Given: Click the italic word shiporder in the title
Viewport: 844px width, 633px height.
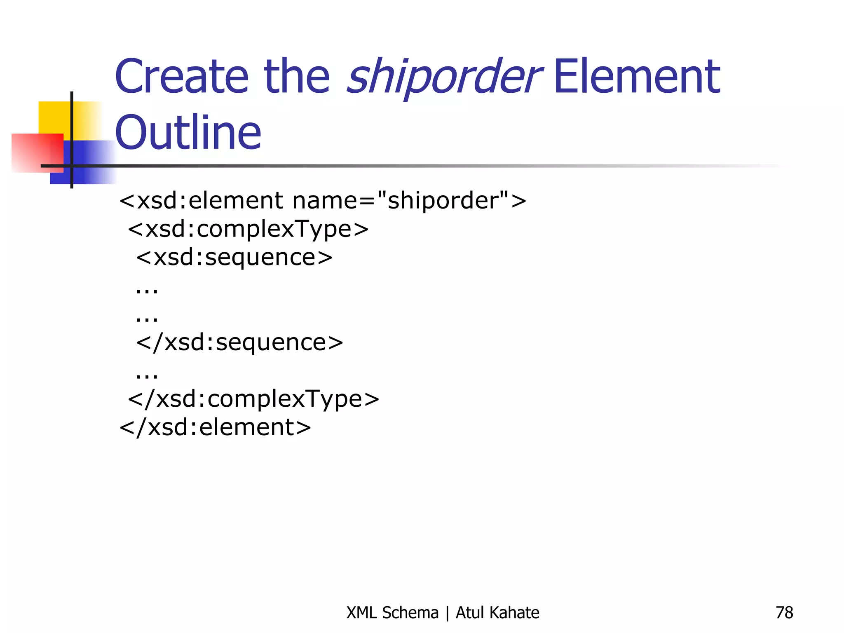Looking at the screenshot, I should click(443, 77).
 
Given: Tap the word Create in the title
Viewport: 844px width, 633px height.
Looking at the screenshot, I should click(182, 77).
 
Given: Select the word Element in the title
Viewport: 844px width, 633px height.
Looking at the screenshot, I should click(637, 77).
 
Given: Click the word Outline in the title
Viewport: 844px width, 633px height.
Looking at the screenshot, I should click(188, 133).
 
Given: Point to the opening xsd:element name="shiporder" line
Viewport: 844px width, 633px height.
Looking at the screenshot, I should click(323, 201).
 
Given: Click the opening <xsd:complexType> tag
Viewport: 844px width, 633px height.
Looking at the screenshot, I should click(248, 229).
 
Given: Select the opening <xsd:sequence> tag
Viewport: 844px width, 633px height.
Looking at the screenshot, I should click(234, 258).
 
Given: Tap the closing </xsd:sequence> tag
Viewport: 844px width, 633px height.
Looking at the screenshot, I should click(239, 342).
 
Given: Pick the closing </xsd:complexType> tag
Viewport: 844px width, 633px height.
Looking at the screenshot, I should click(253, 399).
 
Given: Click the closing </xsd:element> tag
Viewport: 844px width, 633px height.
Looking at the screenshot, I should click(215, 427).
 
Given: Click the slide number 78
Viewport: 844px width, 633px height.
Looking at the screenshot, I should click(784, 613).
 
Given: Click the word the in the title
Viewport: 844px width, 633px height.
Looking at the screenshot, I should click(297, 77).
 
